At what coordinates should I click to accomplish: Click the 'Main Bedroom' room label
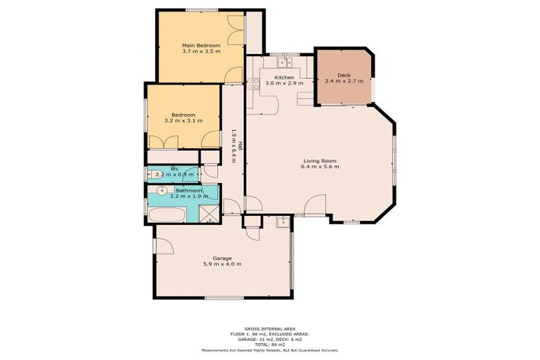pos(201,45)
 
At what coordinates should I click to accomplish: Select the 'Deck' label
pos(344,75)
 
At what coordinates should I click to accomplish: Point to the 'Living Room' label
pos(320,160)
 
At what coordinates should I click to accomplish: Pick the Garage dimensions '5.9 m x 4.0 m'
pos(222,264)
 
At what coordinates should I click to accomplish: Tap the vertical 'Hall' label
pos(239,146)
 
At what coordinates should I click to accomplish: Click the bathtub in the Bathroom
pos(166,214)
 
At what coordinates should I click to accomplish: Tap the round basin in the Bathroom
pos(162,191)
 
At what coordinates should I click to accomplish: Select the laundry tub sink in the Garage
pos(283,223)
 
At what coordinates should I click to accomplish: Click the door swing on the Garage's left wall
pos(165,246)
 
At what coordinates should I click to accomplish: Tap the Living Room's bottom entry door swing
pos(318,205)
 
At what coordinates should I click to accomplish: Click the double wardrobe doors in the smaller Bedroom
pos(172,143)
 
